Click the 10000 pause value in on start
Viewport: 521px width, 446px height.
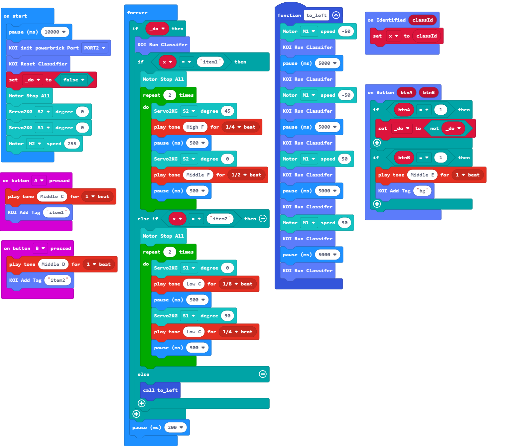pos(55,32)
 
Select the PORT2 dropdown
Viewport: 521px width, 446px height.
pos(94,48)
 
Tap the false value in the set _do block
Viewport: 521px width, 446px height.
pos(73,80)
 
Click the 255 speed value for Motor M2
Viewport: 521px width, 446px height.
pos(72,144)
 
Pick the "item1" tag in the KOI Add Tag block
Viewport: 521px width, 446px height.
pos(56,212)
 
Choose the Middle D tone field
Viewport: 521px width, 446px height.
pos(53,264)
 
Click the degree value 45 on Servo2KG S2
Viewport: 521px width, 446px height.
pos(227,111)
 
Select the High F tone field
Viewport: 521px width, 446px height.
pos(195,127)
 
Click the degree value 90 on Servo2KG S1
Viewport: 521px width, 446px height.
pos(227,316)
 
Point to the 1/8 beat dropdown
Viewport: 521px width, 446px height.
pos(230,284)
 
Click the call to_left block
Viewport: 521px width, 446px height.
pos(160,390)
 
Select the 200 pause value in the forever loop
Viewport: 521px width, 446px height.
pos(175,427)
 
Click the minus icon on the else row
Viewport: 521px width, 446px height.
pos(263,374)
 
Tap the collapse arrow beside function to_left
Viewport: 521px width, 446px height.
pos(336,15)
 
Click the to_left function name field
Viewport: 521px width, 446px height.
pos(316,15)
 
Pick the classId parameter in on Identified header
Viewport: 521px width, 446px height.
pos(422,20)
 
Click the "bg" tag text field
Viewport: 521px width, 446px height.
pos(422,191)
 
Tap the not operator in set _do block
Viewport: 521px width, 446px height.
pos(434,128)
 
